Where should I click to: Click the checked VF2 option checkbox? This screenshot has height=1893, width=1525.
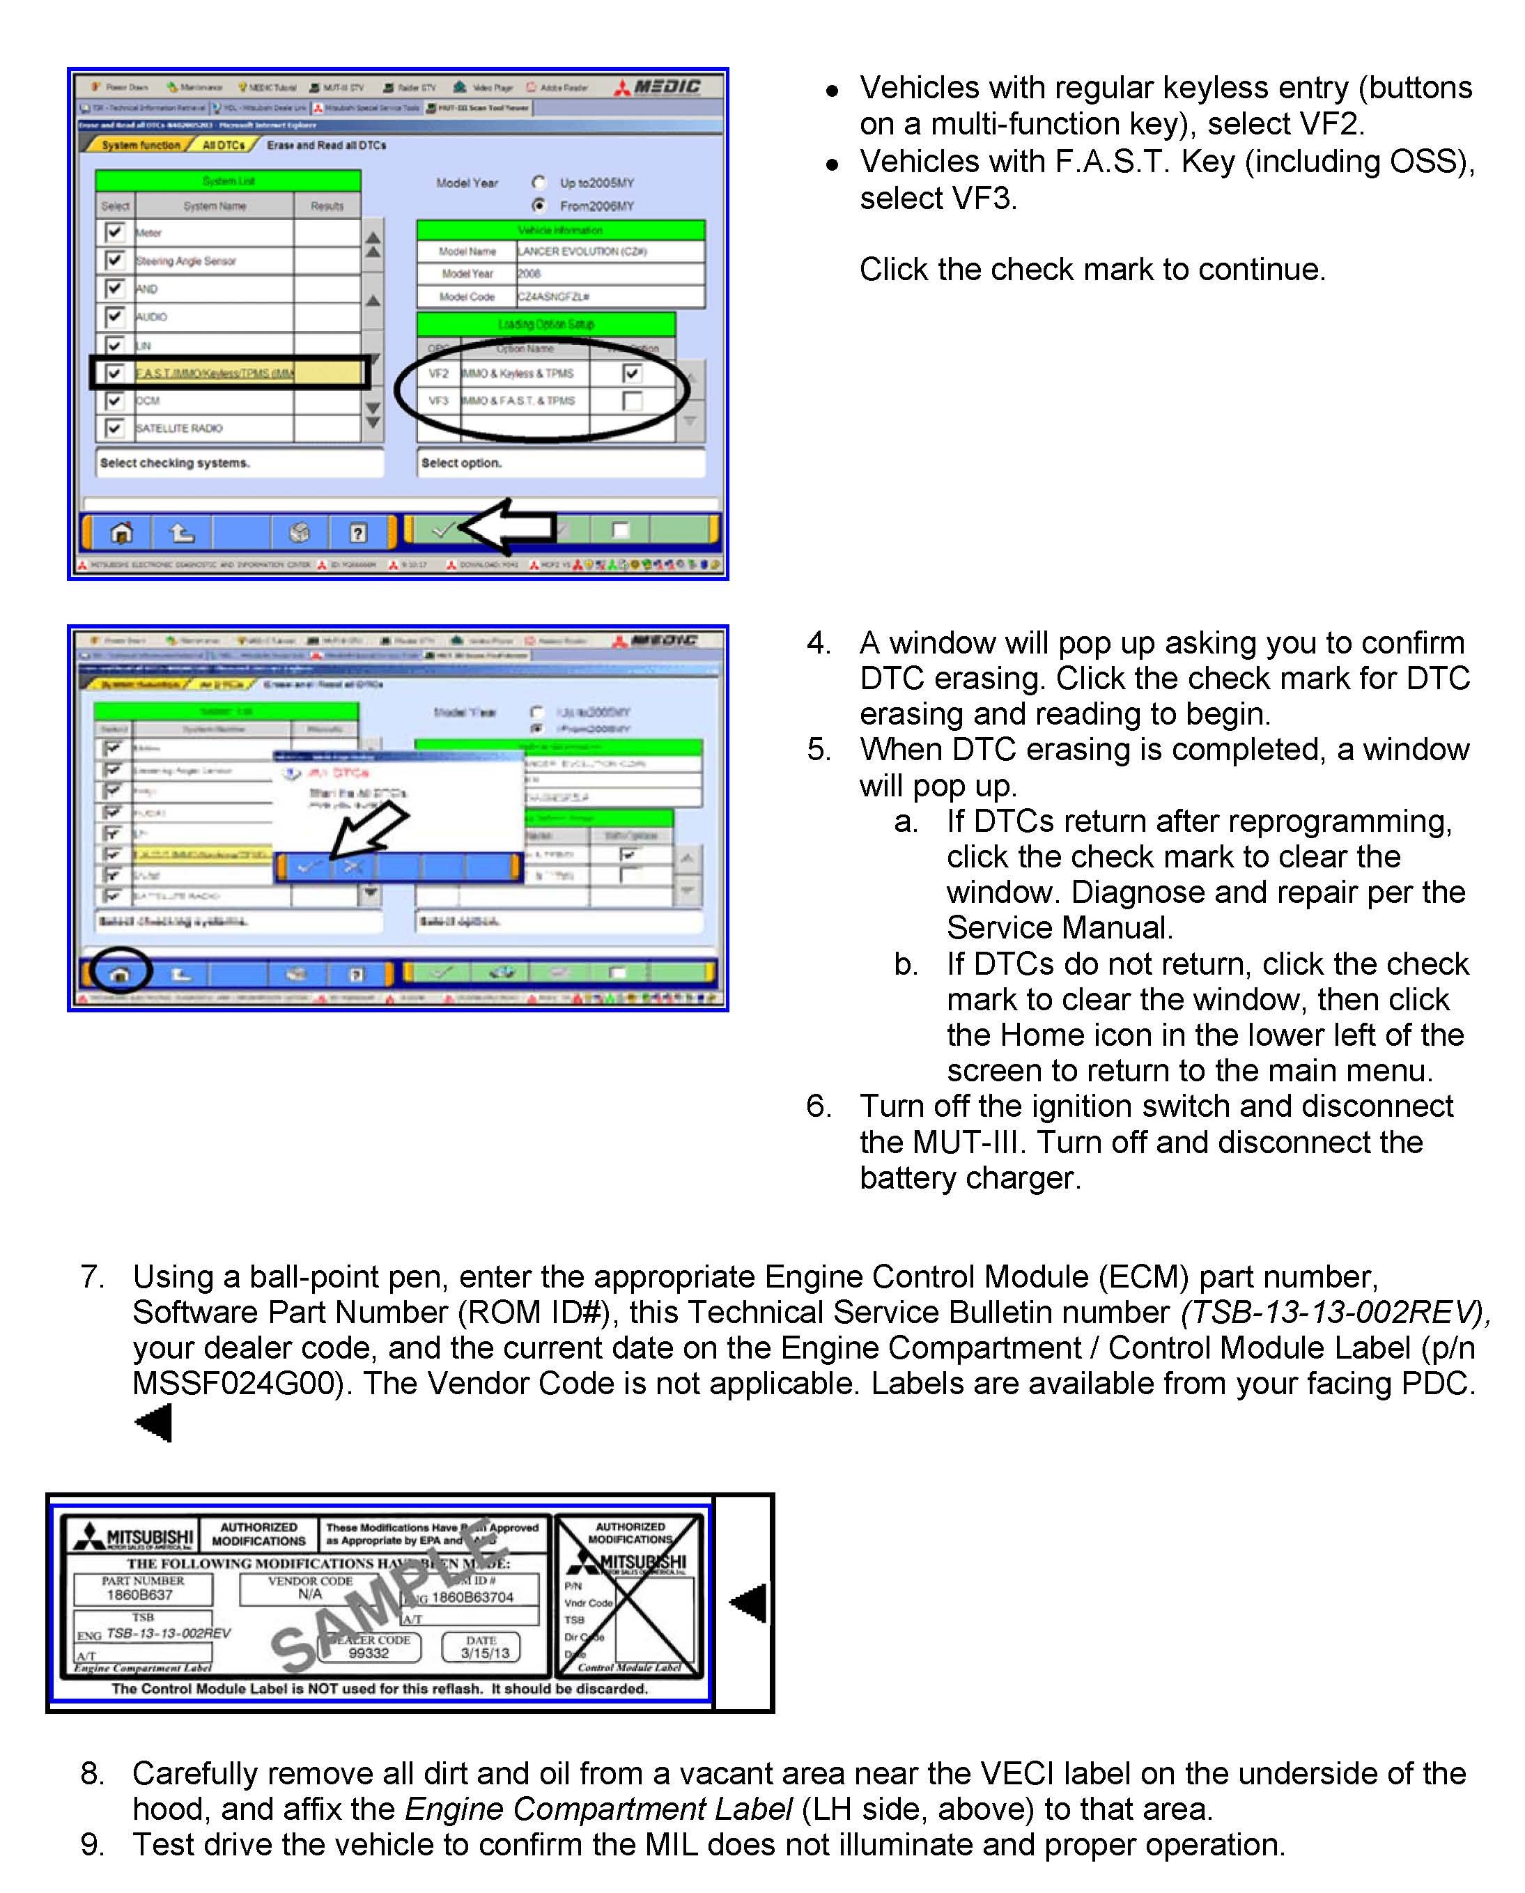(632, 373)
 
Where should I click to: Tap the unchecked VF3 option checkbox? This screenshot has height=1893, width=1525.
(632, 401)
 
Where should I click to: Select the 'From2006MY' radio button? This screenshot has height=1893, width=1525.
(539, 206)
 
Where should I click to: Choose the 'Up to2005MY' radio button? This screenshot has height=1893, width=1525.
(539, 182)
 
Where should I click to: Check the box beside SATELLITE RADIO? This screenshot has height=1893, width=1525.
(114, 428)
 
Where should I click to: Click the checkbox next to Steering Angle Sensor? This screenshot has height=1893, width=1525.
(114, 260)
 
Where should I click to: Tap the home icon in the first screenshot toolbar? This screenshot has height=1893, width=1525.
(121, 532)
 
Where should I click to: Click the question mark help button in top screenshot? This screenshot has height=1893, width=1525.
(357, 532)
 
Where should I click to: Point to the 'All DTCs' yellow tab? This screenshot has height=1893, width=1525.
(223, 145)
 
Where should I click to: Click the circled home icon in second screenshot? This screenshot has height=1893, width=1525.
(121, 973)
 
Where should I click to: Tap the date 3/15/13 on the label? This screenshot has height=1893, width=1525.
(485, 1653)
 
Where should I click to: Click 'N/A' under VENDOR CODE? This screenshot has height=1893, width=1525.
(309, 1593)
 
